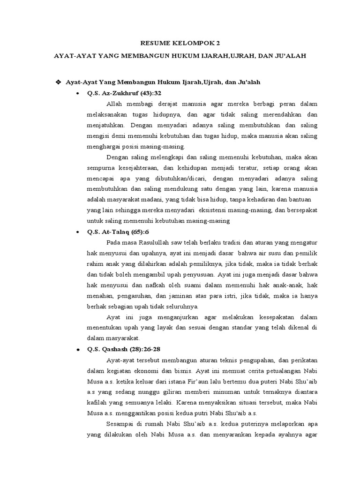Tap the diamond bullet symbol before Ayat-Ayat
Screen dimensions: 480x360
tap(59, 82)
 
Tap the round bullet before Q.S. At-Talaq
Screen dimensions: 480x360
tap(77, 232)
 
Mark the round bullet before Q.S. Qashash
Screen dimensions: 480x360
tap(77, 350)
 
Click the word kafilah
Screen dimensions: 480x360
tap(97, 402)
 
